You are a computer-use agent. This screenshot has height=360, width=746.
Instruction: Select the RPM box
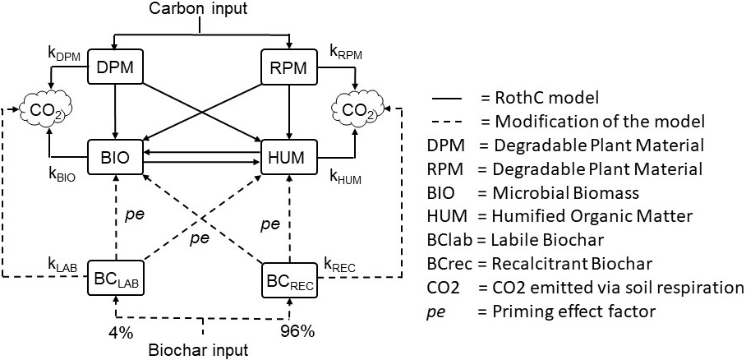pyautogui.click(x=288, y=67)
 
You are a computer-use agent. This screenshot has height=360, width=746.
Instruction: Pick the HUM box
pyautogui.click(x=288, y=156)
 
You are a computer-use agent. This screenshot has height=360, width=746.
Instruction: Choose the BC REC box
pyautogui.click(x=288, y=279)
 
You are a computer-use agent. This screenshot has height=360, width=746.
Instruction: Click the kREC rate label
pyautogui.click(x=343, y=264)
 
